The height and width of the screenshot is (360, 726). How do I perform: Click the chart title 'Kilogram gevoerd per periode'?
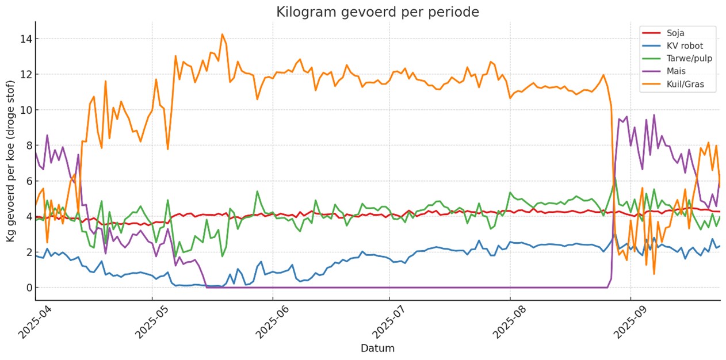pyautogui.click(x=377, y=12)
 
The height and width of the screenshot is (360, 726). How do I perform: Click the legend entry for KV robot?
pyautogui.click(x=685, y=45)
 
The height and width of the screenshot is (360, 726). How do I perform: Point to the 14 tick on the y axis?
pyautogui.click(x=25, y=39)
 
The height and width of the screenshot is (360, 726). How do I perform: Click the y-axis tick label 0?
pyautogui.click(x=28, y=288)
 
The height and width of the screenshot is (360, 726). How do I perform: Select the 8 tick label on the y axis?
pyautogui.click(x=28, y=145)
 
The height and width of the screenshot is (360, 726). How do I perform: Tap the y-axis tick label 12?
pyautogui.click(x=25, y=75)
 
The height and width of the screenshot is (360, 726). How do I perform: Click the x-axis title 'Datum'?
pyautogui.click(x=377, y=348)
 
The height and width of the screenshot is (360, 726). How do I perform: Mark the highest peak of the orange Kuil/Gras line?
pyautogui.click(x=222, y=34)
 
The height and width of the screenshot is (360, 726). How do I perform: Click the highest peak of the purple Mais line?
pyautogui.click(x=654, y=114)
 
